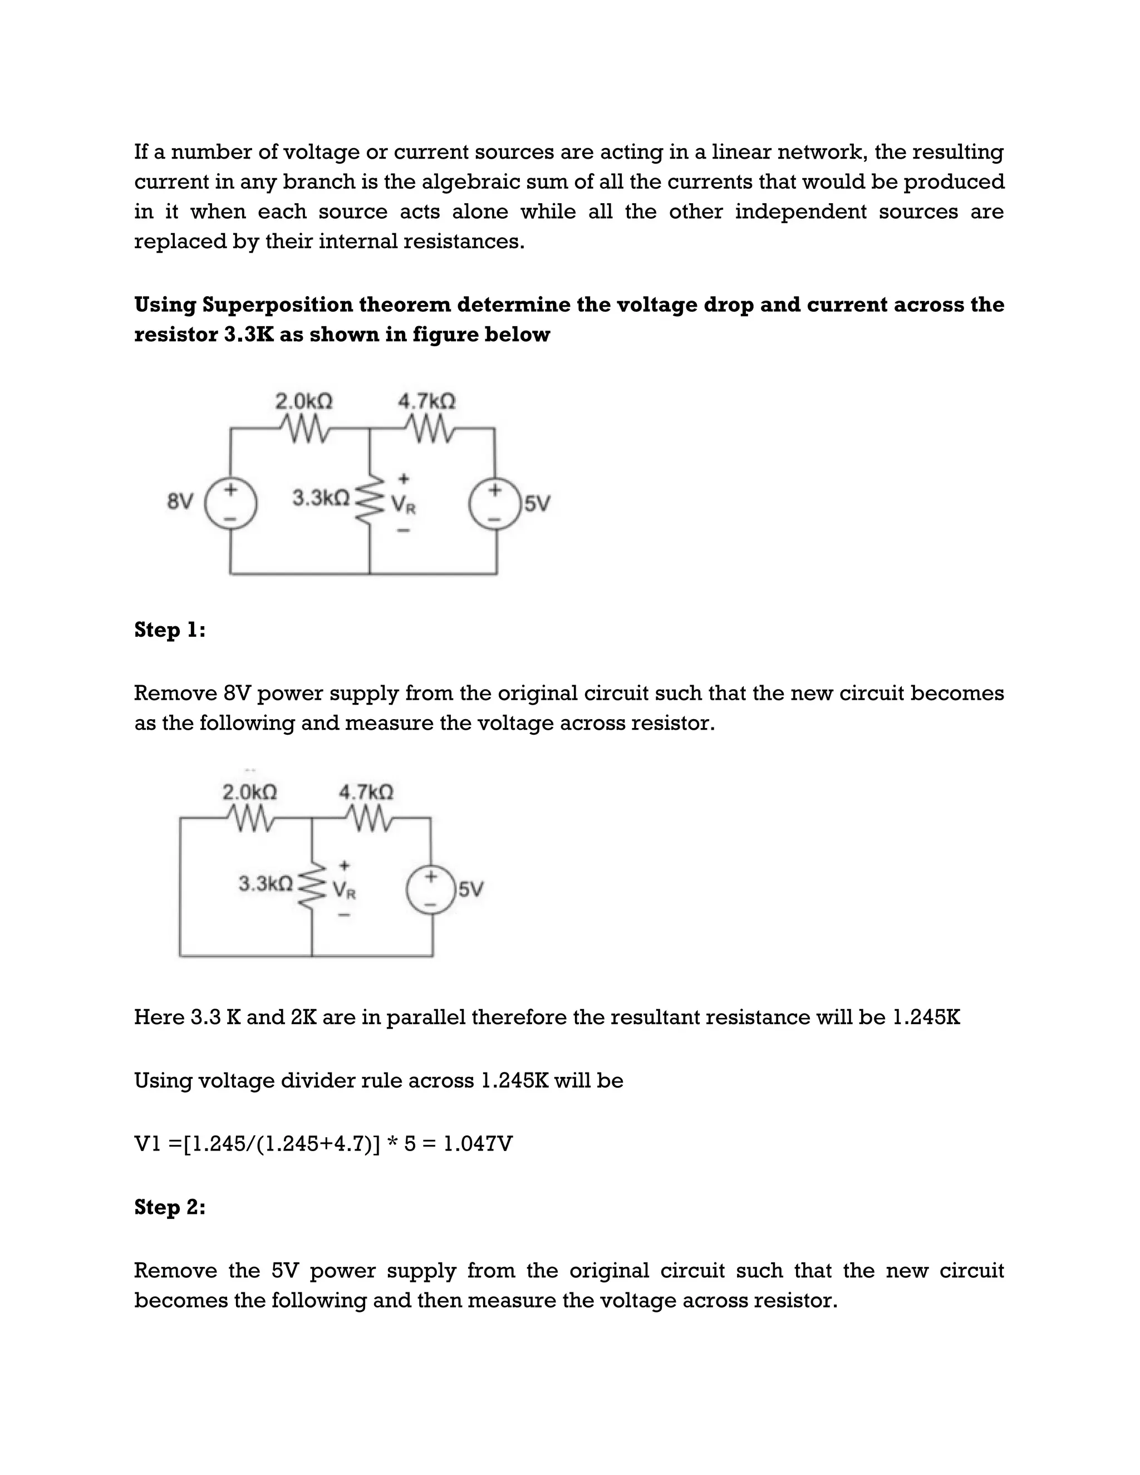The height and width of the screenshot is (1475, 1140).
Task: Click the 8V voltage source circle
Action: pos(231,503)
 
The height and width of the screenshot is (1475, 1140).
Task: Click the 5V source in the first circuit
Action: pos(495,504)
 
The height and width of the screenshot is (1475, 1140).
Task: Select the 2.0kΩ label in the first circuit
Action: pos(304,401)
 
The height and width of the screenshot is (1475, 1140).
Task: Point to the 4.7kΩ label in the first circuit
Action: pos(427,401)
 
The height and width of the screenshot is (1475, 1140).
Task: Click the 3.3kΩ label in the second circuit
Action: pos(266,883)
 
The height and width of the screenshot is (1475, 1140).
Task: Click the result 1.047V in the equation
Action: pos(478,1143)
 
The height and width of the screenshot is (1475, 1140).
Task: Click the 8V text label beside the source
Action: pos(180,503)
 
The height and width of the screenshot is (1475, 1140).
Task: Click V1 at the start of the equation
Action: pos(147,1143)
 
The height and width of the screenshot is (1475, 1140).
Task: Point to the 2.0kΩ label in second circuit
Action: pos(250,791)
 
